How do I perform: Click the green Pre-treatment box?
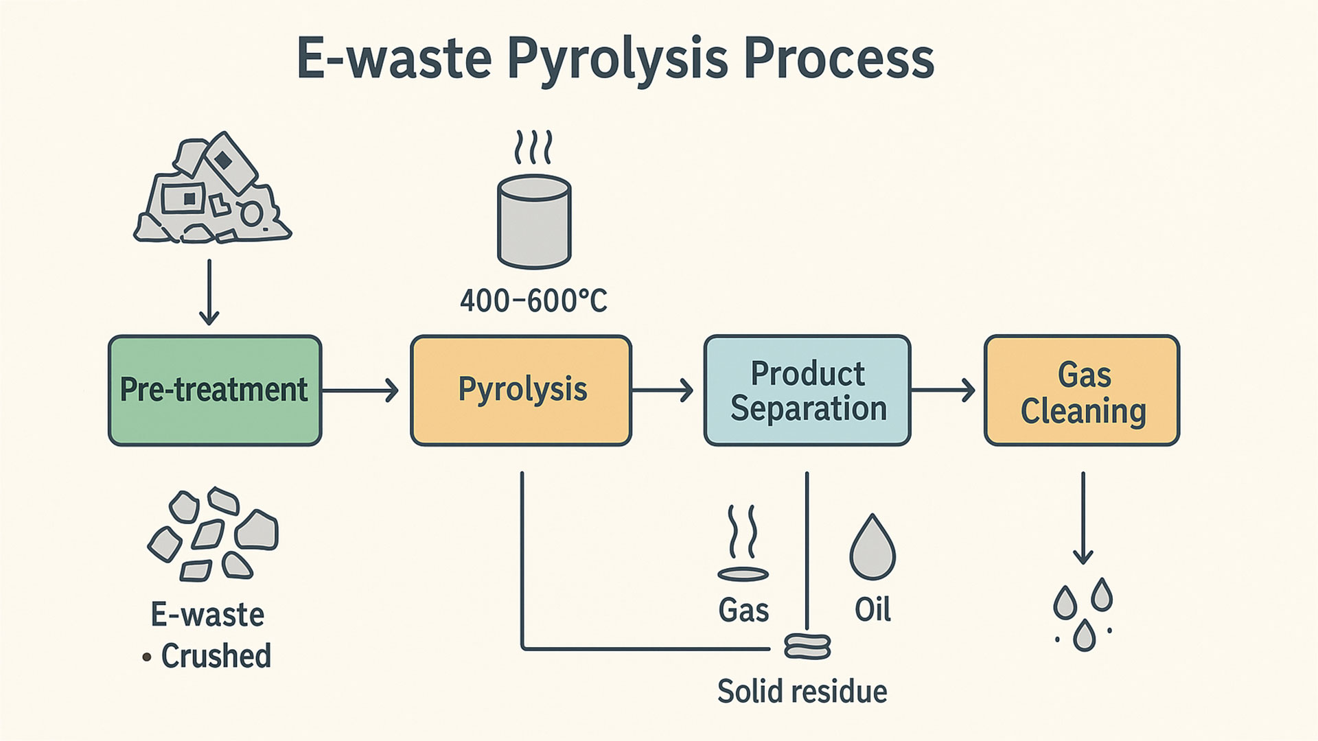tap(214, 390)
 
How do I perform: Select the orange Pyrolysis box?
tap(521, 390)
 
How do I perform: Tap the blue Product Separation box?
tap(807, 390)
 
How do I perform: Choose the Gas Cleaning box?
tap(1082, 390)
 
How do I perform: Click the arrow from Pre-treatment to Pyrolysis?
tap(360, 390)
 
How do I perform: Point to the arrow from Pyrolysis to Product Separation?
tap(662, 390)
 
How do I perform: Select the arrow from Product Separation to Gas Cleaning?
tap(943, 390)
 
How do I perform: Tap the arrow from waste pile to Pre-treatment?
tap(209, 292)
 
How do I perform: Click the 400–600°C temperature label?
tap(533, 301)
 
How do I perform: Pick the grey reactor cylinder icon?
tap(534, 221)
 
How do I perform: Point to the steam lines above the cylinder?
tap(533, 146)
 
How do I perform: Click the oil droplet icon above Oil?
tap(872, 549)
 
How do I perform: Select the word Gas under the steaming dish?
tap(743, 609)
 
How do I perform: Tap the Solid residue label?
tap(802, 691)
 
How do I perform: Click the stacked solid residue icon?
tap(807, 646)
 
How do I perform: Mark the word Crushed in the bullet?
tap(216, 656)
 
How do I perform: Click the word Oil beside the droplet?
tap(872, 609)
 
